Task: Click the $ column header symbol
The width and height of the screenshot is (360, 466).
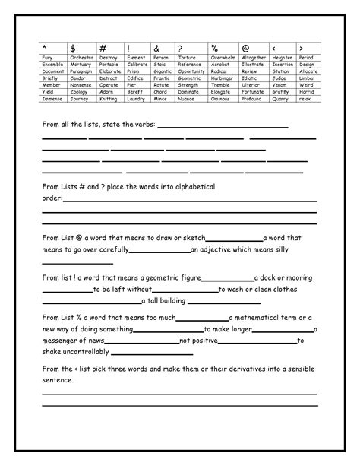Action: (71, 49)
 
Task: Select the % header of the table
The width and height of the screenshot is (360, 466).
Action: (215, 49)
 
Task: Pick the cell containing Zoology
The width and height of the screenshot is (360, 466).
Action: (79, 92)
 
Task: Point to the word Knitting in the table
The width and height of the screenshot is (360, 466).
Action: (107, 99)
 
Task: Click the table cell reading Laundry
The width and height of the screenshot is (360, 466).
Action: (136, 99)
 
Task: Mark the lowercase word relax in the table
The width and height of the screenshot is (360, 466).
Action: (305, 99)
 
